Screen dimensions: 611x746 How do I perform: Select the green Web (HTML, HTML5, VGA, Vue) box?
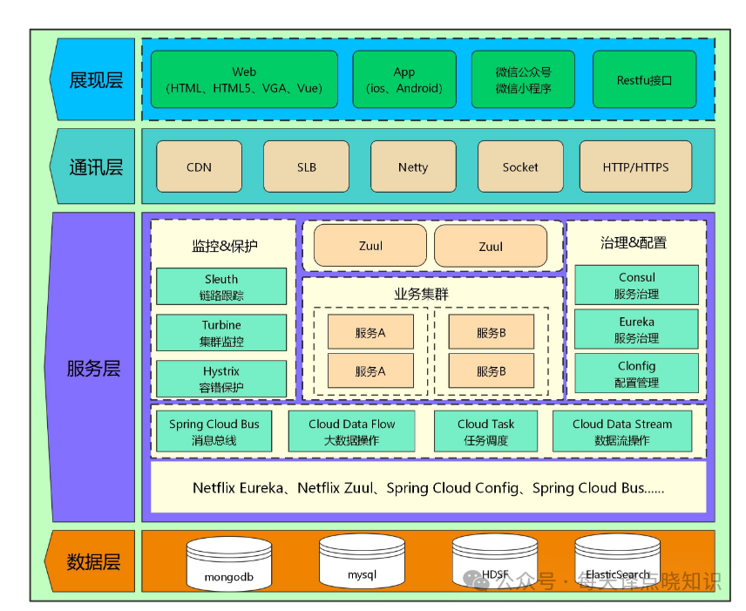[244, 79]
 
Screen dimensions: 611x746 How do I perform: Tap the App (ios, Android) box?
[404, 79]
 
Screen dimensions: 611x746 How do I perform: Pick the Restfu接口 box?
[644, 79]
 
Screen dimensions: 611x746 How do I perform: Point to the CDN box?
[199, 166]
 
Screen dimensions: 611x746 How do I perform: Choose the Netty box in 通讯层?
[413, 166]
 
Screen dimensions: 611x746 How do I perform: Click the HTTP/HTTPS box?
[635, 166]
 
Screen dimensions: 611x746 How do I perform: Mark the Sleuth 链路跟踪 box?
[221, 287]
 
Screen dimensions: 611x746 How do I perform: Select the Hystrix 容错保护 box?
[221, 379]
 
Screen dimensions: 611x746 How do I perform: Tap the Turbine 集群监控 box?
[221, 333]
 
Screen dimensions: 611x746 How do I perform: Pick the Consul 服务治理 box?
[636, 285]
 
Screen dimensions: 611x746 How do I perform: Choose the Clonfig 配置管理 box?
[636, 374]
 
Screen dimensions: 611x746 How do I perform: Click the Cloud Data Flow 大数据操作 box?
[351, 431]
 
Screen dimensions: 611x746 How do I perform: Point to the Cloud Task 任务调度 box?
[485, 431]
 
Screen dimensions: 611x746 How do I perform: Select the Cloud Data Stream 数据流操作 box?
[622, 431]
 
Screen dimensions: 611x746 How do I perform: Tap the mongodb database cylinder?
[229, 563]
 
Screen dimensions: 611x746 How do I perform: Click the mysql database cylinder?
[361, 561]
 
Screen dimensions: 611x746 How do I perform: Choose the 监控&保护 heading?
[224, 246]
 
